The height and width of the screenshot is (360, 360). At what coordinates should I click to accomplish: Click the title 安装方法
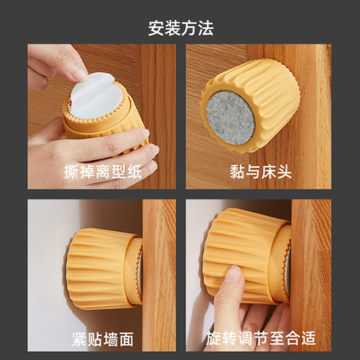[181, 28]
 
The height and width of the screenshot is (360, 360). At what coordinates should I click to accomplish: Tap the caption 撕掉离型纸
[103, 171]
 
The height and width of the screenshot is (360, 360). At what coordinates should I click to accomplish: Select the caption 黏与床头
[261, 171]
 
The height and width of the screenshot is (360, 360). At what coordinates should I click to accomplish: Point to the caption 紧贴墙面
[103, 339]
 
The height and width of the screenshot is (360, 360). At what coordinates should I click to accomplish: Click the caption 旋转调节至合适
[261, 338]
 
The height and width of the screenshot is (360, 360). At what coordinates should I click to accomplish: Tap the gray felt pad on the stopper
[230, 118]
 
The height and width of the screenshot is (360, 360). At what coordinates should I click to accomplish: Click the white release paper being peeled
[95, 95]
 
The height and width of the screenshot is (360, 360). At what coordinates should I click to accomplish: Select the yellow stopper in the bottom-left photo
[104, 269]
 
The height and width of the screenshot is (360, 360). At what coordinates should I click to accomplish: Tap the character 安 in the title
[156, 28]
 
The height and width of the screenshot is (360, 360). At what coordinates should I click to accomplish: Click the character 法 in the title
[206, 28]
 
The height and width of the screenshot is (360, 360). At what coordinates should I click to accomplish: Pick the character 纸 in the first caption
[134, 171]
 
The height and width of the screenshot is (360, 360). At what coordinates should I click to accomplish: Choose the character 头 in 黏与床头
[284, 171]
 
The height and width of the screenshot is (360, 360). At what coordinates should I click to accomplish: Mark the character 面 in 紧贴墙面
[126, 339]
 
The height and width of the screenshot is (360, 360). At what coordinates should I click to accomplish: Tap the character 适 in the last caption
[308, 338]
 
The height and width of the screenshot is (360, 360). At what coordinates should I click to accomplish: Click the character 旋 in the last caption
[213, 338]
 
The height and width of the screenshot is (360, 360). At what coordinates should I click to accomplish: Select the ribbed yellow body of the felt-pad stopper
[266, 96]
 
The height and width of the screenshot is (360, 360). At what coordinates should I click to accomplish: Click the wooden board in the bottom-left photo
[159, 275]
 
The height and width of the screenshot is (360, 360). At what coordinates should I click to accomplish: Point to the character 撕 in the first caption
[72, 171]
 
